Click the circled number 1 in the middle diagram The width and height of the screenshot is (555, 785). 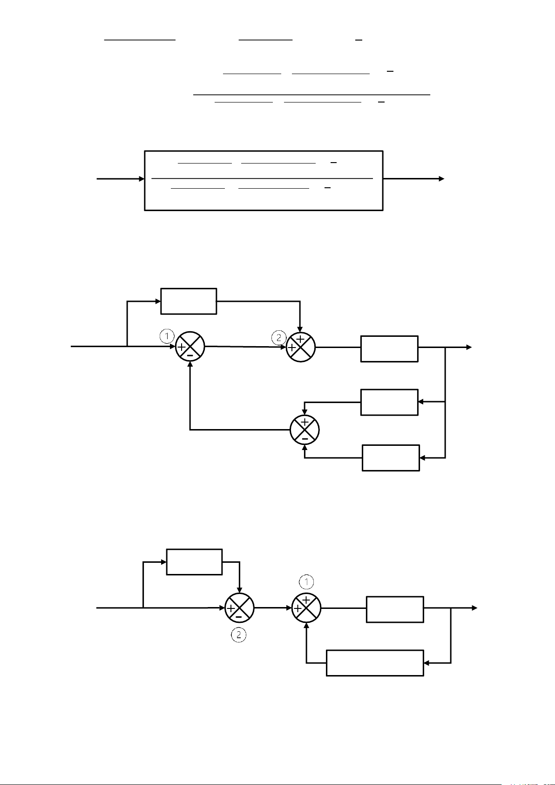tap(167, 336)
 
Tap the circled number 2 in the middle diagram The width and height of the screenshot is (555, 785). tap(278, 338)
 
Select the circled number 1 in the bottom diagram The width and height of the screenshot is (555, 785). tap(306, 581)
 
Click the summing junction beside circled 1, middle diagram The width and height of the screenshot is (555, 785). tap(190, 347)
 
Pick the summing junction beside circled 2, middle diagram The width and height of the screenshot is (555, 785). tap(301, 347)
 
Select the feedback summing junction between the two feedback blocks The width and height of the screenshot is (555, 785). tap(305, 430)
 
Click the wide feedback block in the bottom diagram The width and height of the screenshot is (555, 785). tap(375, 662)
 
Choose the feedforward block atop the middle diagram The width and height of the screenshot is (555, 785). tap(189, 301)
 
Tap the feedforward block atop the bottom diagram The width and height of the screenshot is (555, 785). tap(194, 562)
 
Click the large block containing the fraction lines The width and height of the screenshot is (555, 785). tap(264, 180)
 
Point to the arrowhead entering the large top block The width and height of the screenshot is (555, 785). tap(142, 179)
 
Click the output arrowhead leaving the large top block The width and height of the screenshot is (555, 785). tap(441, 179)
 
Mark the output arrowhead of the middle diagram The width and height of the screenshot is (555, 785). tap(469, 347)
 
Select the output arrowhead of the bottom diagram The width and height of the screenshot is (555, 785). tap(474, 608)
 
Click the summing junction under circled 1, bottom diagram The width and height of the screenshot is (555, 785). tap(306, 608)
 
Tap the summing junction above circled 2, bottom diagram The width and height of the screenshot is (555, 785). tap(239, 608)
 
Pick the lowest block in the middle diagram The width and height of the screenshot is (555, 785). tap(391, 458)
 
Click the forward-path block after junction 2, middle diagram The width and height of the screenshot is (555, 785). tap(389, 348)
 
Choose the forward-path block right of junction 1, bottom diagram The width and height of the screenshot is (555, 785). tap(395, 609)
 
